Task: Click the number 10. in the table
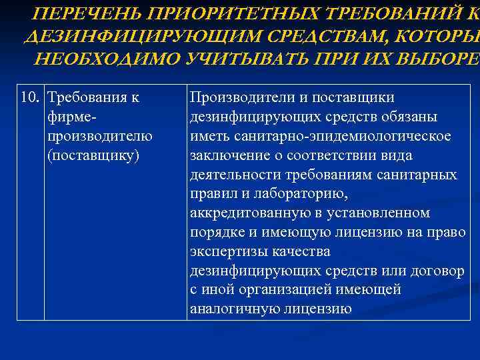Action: pyautogui.click(x=31, y=98)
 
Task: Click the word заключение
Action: pyautogui.click(x=225, y=155)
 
